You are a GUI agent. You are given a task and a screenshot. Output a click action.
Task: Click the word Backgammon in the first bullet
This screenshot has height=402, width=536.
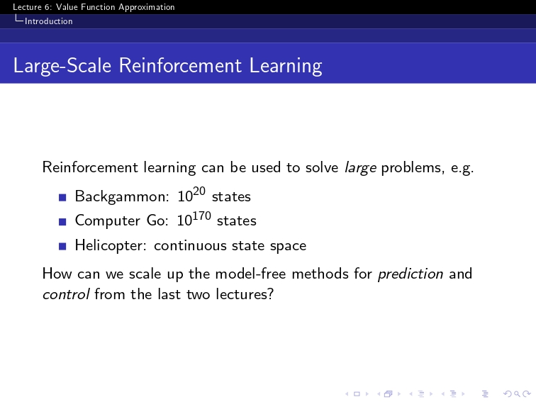coord(122,196)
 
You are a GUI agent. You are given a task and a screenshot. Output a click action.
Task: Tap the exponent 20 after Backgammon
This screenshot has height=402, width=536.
coord(199,191)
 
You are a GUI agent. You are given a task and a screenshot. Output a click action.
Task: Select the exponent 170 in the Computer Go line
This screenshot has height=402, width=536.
coord(201,216)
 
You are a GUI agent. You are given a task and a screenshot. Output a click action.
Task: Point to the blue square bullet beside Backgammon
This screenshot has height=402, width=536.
coord(62,198)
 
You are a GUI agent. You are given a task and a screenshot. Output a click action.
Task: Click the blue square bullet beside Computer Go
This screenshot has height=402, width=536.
coord(62,222)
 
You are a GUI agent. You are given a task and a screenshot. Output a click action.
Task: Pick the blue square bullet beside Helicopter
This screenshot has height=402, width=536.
coord(62,247)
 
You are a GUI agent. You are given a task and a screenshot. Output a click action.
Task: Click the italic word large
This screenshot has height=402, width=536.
coord(360,168)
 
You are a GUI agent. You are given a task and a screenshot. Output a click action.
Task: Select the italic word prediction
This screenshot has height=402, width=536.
coord(411,274)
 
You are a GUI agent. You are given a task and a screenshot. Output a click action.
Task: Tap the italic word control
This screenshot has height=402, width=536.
coord(66,294)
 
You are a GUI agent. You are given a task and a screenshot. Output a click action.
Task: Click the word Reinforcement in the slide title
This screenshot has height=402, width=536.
coord(180,65)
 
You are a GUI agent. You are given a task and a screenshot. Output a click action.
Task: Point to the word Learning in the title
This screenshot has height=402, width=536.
coord(286,66)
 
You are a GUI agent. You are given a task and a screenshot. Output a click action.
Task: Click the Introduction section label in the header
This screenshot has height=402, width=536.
coord(48,21)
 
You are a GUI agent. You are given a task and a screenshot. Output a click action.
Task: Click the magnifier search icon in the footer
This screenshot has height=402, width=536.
coord(517,394)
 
